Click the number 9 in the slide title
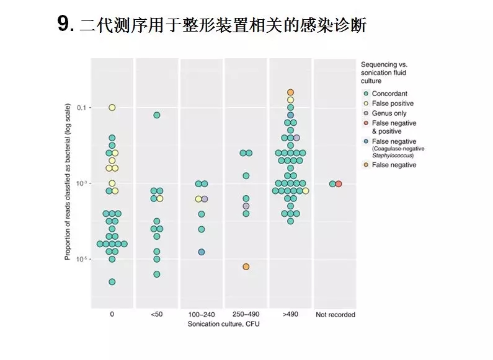64,25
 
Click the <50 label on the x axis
156,314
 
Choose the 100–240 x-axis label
202,314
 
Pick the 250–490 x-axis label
246,314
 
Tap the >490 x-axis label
290,314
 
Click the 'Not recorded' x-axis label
335,314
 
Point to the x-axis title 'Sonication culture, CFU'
223,323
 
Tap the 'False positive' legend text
393,103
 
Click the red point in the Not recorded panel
339,183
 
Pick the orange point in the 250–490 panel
246,266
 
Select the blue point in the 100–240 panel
202,252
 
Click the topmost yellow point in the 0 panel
112,108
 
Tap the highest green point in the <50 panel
157,115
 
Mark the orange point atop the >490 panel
290,92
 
